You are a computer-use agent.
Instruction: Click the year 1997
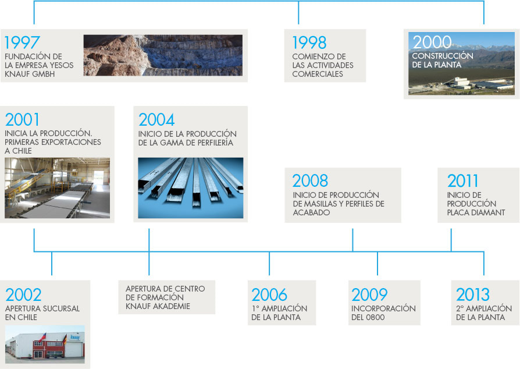pos(22,42)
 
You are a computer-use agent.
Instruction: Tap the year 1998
pos(309,42)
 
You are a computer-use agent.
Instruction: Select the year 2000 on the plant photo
pos(432,42)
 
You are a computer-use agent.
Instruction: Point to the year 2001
pos(22,120)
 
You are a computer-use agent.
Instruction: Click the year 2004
pos(156,120)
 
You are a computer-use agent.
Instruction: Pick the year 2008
pos(310,181)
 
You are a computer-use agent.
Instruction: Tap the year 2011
pos(462,181)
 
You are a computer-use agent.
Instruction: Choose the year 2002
pos(23,295)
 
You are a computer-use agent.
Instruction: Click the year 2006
pos(269,295)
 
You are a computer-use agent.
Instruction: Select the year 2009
pos(369,295)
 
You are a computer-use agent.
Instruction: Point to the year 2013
pos(472,295)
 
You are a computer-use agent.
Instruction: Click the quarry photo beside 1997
pos(163,55)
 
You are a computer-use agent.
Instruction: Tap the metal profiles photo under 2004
pos(191,188)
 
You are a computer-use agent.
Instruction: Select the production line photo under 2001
pos(58,188)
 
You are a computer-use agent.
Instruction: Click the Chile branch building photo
pos(45,345)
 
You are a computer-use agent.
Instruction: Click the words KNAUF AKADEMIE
pos(158,306)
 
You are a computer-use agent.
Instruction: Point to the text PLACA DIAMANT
pos(476,212)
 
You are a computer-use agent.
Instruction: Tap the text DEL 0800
pos(368,317)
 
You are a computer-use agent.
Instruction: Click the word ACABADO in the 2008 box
pos(311,212)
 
